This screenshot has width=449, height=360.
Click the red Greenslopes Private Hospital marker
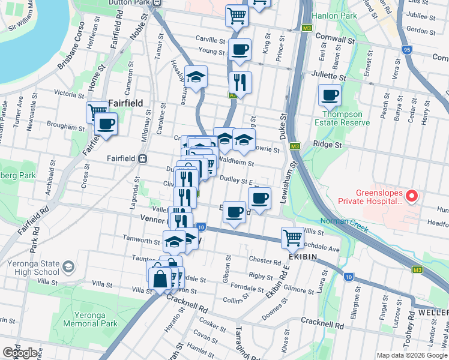[x=411, y=196]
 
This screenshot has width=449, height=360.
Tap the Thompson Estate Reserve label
[x=342, y=118]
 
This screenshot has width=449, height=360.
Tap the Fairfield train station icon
[x=143, y=158]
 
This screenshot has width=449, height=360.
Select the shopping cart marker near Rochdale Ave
[x=292, y=237]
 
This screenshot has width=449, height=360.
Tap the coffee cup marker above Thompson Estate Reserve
[x=329, y=94]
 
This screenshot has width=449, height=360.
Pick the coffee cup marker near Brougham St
[x=106, y=124]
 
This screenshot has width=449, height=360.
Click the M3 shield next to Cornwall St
[x=307, y=28]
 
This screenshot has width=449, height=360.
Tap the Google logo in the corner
[x=20, y=353]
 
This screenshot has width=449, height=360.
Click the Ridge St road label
[x=327, y=145]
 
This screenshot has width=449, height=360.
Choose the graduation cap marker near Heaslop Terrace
[x=196, y=76]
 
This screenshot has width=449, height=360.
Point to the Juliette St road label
[x=328, y=77]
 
